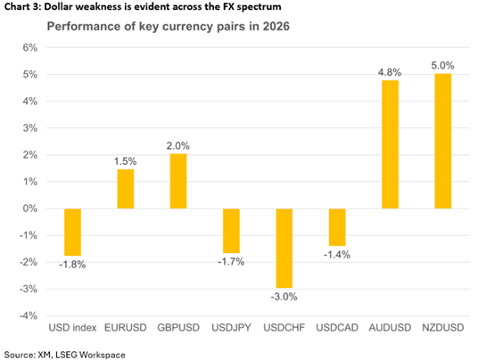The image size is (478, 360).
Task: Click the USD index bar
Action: click(x=72, y=232)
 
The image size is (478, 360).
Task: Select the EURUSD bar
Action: click(x=125, y=189)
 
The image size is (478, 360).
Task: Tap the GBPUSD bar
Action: click(x=178, y=181)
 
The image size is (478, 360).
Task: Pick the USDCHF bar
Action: click(x=284, y=249)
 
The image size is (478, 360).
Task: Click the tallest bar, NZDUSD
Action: click(x=443, y=141)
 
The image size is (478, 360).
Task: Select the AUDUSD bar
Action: click(x=390, y=144)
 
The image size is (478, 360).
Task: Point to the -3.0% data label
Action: click(x=284, y=297)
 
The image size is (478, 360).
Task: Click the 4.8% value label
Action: click(x=390, y=72)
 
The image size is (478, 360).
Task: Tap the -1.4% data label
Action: click(x=337, y=255)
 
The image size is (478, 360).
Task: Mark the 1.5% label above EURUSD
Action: click(x=125, y=161)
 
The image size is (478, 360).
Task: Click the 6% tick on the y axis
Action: click(x=30, y=47)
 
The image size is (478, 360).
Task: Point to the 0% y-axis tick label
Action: click(x=30, y=209)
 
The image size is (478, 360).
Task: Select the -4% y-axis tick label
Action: click(x=29, y=315)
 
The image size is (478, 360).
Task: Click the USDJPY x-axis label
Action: click(x=231, y=328)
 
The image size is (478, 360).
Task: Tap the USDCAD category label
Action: click(x=337, y=328)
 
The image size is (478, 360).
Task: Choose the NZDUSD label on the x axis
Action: click(x=443, y=328)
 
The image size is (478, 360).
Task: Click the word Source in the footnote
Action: click(x=19, y=355)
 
